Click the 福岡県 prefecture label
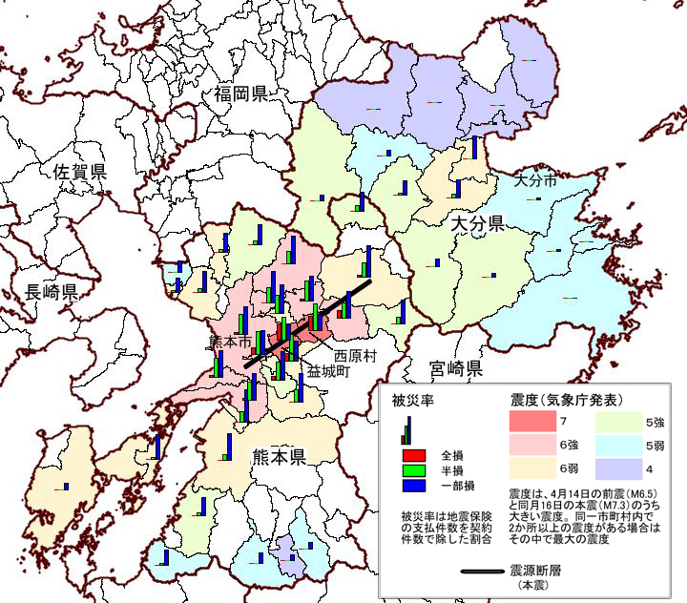(240, 94)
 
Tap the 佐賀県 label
(79, 172)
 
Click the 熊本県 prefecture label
(278, 457)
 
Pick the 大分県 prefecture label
(476, 224)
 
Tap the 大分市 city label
(534, 179)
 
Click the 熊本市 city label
(230, 341)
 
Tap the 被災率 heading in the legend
(413, 401)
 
